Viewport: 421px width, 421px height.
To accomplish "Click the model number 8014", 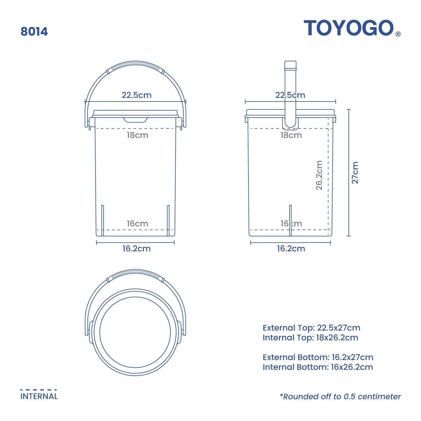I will tap(34, 32).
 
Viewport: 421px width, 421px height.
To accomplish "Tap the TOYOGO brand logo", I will tap(348, 28).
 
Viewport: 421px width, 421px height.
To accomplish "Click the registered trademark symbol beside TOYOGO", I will tap(398, 34).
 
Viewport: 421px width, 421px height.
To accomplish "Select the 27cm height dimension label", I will tap(355, 173).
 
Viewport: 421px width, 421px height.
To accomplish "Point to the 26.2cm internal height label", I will tap(319, 175).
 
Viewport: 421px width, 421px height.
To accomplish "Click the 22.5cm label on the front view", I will tap(136, 95).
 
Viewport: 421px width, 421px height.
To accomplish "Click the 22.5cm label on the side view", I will tap(290, 95).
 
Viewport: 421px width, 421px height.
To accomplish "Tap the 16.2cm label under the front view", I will tap(136, 249).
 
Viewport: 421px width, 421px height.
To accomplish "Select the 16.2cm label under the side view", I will tap(291, 249).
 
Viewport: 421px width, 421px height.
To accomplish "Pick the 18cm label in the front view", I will tap(137, 135).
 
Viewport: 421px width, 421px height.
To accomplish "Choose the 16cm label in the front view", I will tap(137, 224).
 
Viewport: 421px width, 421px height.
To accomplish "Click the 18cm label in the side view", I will tap(291, 135).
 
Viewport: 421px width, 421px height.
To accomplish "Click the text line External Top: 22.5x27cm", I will tap(311, 328).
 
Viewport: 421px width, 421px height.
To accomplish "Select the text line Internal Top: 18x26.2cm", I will tap(310, 338).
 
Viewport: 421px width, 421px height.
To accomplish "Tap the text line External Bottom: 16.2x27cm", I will tap(318, 357).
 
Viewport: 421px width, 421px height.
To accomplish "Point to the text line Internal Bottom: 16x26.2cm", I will tap(318, 367).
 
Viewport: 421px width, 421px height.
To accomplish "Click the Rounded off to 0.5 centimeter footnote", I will tap(340, 397).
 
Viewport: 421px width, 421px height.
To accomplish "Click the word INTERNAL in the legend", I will tap(39, 397).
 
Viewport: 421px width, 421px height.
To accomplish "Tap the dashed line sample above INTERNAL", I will tap(39, 390).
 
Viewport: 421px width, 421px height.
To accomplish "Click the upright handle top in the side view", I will tap(290, 65).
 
